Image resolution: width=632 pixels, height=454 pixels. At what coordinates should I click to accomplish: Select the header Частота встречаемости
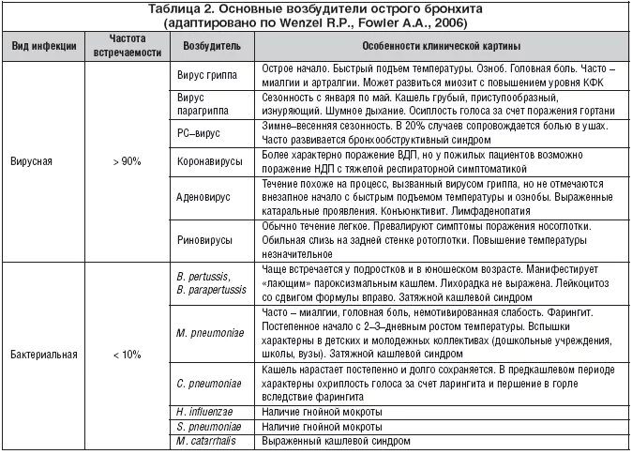[x=128, y=47]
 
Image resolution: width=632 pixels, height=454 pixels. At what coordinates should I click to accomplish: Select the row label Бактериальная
[x=45, y=355]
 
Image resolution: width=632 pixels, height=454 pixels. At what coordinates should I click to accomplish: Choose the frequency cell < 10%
[x=127, y=355]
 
